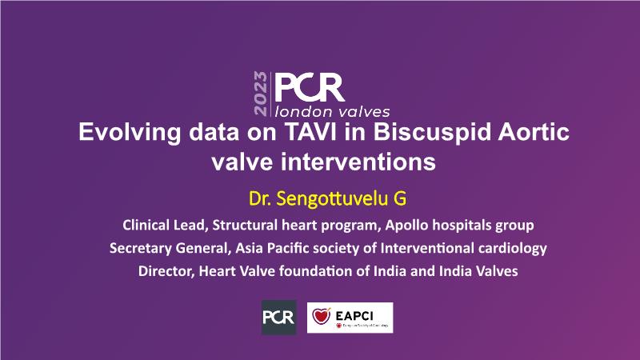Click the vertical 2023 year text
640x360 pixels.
point(261,94)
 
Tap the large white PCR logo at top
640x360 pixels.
point(310,88)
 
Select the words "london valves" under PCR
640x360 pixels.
point(332,111)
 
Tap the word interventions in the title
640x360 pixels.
point(358,162)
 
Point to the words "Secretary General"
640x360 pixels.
point(167,248)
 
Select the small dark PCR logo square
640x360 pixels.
point(278,318)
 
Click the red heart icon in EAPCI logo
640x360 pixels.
point(322,315)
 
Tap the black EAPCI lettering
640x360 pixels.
point(354,315)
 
